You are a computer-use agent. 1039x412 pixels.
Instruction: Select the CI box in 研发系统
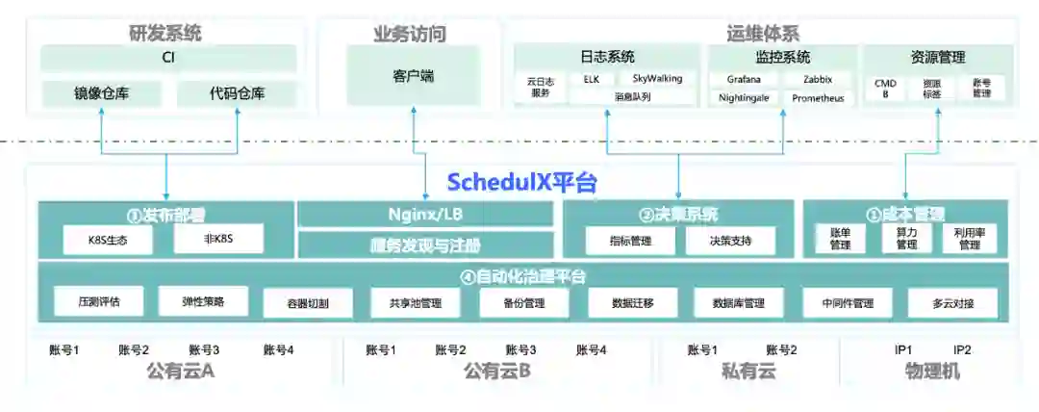pyautogui.click(x=167, y=58)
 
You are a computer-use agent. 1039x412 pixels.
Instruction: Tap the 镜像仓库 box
pyautogui.click(x=102, y=93)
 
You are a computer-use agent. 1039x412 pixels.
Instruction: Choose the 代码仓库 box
pyautogui.click(x=237, y=93)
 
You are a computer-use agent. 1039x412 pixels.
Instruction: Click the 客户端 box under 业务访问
pyautogui.click(x=413, y=74)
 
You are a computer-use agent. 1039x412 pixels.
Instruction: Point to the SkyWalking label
pyautogui.click(x=657, y=78)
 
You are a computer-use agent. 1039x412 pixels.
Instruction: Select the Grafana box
pyautogui.click(x=744, y=79)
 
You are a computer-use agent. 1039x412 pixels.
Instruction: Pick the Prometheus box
pyautogui.click(x=818, y=98)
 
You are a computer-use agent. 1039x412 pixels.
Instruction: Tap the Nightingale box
pyautogui.click(x=744, y=98)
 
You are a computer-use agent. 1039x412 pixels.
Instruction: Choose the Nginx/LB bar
pyautogui.click(x=425, y=214)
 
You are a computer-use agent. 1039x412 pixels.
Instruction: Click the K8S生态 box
pyautogui.click(x=107, y=240)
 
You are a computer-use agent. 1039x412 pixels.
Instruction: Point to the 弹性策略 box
pyautogui.click(x=203, y=301)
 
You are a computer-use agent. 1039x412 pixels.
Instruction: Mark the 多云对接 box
pyautogui.click(x=952, y=303)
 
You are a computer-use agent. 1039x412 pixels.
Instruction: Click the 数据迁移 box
pyautogui.click(x=632, y=303)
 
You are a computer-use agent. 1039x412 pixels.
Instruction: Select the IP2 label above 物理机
pyautogui.click(x=962, y=350)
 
